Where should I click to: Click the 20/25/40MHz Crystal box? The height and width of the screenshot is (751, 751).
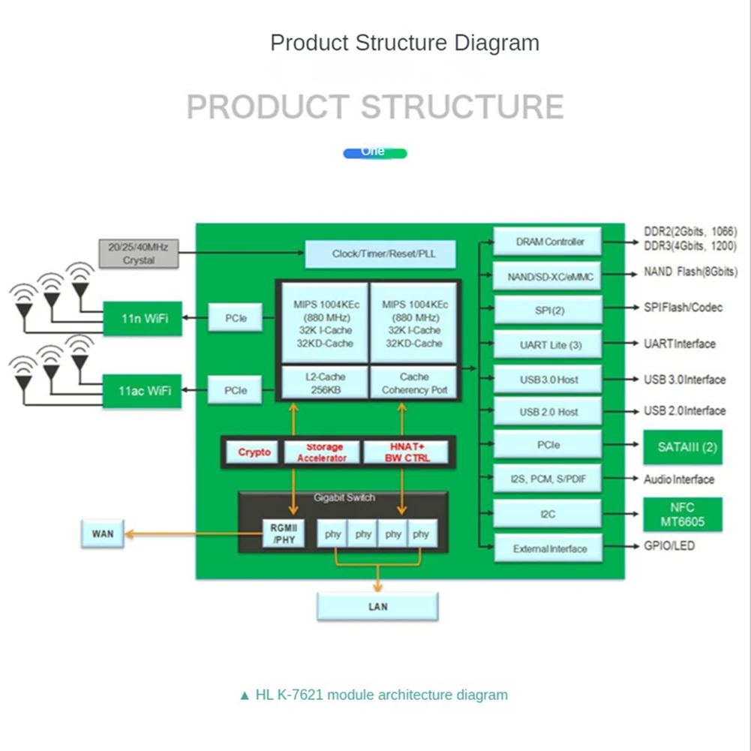click(x=138, y=254)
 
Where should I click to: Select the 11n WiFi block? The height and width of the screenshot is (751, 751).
click(x=143, y=319)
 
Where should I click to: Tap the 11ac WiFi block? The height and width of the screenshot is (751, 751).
click(x=143, y=391)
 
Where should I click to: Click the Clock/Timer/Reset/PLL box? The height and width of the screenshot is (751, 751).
click(x=380, y=254)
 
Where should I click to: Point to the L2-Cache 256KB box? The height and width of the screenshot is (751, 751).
click(x=325, y=383)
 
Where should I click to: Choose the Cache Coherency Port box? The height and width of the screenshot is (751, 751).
click(x=414, y=383)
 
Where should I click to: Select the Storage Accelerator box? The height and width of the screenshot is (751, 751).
click(x=322, y=452)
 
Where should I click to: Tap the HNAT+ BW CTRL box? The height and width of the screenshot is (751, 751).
click(x=406, y=452)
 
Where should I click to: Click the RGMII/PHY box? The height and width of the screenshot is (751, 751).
click(x=284, y=533)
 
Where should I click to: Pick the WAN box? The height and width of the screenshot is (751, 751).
click(x=103, y=533)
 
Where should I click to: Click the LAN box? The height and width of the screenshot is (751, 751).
click(x=377, y=607)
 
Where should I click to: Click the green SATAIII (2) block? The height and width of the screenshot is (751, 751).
click(x=683, y=447)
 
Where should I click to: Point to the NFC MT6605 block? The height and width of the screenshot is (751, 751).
click(x=683, y=515)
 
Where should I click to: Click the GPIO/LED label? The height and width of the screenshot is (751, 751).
click(x=669, y=545)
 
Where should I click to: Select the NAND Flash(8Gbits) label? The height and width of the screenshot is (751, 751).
click(x=691, y=272)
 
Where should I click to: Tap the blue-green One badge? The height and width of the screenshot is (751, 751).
click(x=375, y=153)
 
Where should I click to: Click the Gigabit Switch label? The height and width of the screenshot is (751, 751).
click(x=344, y=497)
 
